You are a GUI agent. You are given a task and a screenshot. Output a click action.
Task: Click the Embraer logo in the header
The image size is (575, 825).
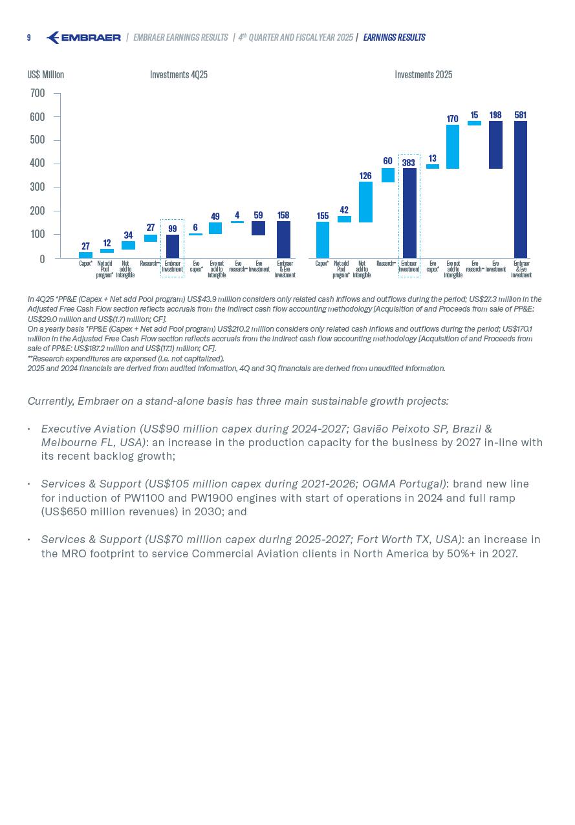pos(83,37)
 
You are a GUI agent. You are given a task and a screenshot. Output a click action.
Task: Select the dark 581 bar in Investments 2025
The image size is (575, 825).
pos(521,189)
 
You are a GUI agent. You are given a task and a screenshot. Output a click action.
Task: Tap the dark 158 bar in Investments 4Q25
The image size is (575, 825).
pos(283,239)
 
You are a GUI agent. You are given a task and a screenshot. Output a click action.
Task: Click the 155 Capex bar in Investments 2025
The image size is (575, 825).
pos(322,240)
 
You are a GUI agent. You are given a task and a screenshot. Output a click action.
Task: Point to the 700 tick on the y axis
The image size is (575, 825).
pos(38,94)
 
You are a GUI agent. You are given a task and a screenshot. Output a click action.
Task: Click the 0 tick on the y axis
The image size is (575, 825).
pos(42,259)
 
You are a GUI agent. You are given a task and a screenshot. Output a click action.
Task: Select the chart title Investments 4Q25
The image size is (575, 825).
pos(179,75)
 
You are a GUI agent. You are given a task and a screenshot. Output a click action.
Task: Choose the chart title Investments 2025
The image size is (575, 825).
pos(423,75)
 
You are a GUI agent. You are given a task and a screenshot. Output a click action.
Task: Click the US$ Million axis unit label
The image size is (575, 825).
pos(45,75)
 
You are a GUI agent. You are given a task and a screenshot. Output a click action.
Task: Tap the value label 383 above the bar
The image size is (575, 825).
pos(408,163)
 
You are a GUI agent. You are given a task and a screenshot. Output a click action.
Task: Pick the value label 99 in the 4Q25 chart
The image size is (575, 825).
pos(172,229)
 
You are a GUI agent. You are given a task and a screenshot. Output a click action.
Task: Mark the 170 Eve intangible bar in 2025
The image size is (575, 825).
pos(453,147)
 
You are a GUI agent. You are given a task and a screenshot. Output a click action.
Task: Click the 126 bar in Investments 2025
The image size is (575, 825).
pos(365,202)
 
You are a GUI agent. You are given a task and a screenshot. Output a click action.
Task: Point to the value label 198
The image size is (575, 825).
pos(495,115)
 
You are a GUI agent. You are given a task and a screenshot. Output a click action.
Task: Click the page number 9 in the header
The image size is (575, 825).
pos(28,38)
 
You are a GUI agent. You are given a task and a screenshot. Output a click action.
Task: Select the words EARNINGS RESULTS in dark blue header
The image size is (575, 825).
pos(394,37)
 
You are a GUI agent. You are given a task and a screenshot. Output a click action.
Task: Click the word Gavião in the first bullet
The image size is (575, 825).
pos(371,429)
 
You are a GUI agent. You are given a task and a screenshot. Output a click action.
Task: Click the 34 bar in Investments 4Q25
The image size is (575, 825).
pos(128,246)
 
